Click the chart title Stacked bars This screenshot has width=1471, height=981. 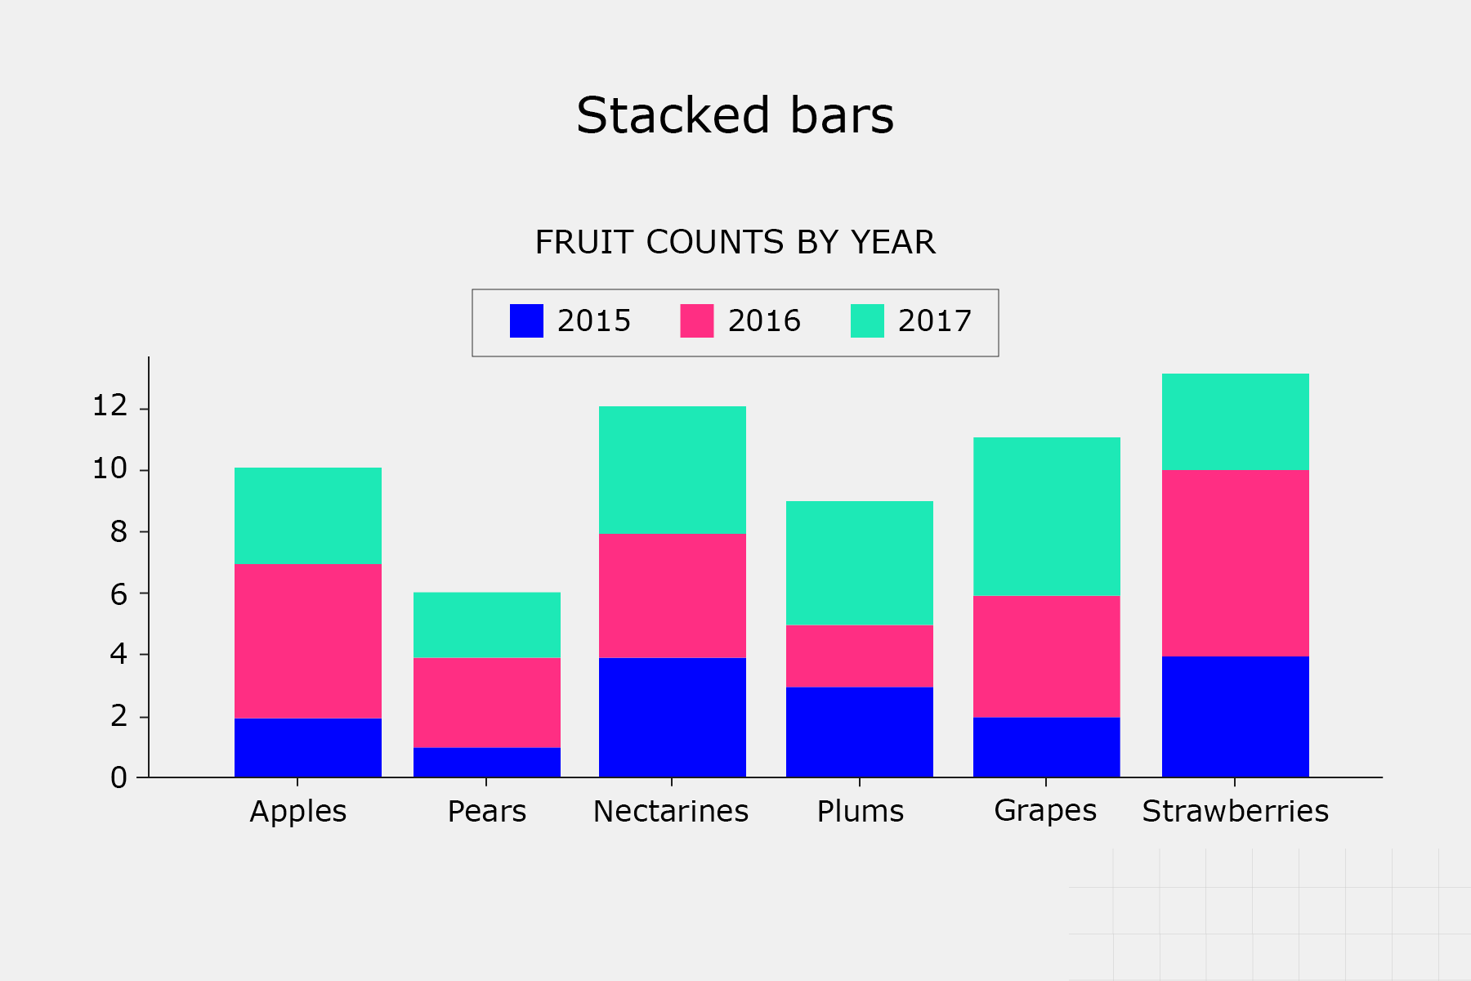click(x=735, y=115)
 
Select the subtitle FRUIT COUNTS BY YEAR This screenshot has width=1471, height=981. click(x=735, y=243)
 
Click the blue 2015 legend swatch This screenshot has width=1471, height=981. click(x=526, y=320)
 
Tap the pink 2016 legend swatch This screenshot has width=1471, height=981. click(x=696, y=320)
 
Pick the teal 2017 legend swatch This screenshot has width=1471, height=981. click(x=867, y=320)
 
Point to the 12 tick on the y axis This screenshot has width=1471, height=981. click(x=110, y=405)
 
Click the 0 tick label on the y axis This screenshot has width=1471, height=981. click(x=118, y=777)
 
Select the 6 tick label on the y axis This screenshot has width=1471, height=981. click(x=118, y=594)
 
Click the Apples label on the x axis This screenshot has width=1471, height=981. click(x=298, y=811)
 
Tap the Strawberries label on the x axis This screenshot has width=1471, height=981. click(x=1235, y=811)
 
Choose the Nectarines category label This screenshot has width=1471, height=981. click(x=671, y=811)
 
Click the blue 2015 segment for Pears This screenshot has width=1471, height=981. click(x=487, y=762)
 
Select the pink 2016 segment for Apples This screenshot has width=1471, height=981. click(x=308, y=641)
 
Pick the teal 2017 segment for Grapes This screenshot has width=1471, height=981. click(x=1047, y=517)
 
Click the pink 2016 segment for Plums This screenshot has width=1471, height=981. click(x=860, y=656)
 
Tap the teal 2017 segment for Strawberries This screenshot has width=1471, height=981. click(x=1236, y=422)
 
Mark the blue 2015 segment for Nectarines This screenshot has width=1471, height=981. click(x=673, y=717)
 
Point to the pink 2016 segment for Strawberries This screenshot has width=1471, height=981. click(x=1236, y=563)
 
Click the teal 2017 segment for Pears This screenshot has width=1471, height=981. click(x=487, y=625)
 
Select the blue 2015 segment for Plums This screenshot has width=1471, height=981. click(x=860, y=732)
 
